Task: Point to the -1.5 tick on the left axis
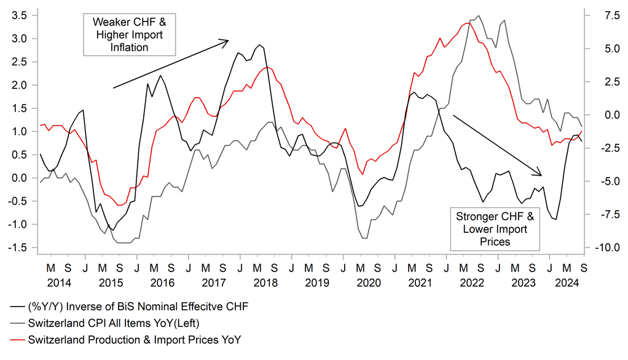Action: (18, 248)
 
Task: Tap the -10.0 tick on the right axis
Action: (603, 248)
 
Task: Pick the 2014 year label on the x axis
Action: (59, 283)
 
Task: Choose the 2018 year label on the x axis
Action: (266, 283)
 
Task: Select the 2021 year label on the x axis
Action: (420, 283)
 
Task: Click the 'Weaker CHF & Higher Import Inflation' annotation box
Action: (129, 33)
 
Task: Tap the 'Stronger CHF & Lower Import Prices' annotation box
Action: (495, 228)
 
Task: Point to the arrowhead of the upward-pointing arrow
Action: (228, 41)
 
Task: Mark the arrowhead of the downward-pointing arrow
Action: (541, 174)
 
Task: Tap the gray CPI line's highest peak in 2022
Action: (479, 16)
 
